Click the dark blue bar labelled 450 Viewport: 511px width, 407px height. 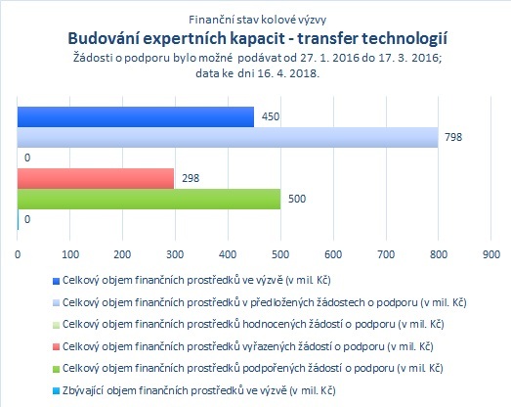136,116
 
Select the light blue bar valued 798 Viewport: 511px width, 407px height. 228,137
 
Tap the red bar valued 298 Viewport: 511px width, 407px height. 96,178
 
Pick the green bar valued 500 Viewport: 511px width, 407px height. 149,199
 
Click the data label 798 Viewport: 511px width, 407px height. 453,137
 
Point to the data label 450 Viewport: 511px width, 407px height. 271,116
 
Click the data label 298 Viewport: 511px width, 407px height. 191,178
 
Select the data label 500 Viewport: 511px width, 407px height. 297,199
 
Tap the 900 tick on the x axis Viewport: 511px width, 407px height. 491,254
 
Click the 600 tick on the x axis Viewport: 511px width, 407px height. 333,254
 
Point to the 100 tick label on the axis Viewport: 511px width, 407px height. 70,254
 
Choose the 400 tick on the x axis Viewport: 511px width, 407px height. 228,254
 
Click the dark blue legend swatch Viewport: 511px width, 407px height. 56,281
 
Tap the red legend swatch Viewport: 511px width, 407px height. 56,347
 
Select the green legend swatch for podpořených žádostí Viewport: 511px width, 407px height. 56,369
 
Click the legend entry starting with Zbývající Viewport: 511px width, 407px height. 198,390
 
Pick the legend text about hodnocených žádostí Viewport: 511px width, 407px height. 253,325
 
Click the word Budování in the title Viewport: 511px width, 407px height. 103,38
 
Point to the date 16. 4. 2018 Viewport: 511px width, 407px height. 289,73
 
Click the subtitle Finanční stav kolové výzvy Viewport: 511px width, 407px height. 258,20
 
